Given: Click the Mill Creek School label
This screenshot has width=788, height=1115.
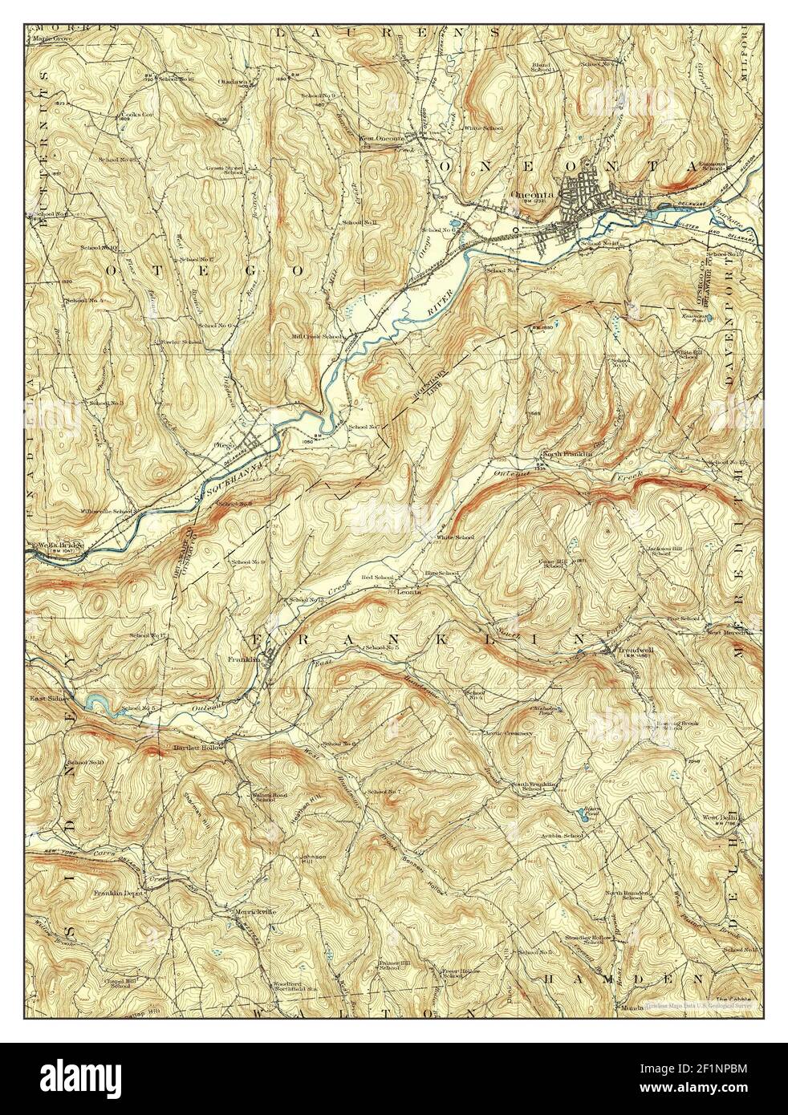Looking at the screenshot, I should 317,336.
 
